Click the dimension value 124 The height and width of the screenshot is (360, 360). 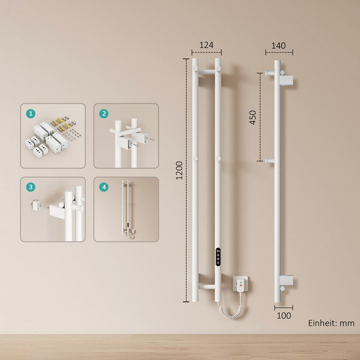coord(206,45)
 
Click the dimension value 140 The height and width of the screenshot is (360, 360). coord(279,45)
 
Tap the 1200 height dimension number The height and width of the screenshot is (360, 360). coord(179,171)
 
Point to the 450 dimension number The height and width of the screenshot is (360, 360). coord(252,117)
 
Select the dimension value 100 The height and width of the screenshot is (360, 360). coord(284,316)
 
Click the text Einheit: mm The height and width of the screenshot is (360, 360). coord(331,323)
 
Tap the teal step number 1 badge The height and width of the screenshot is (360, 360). coord(31,114)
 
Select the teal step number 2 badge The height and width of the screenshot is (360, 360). coord(104,114)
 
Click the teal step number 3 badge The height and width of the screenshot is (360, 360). coord(31,187)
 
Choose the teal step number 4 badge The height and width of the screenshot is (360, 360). coord(104,187)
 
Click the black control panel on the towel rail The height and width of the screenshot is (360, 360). coord(218,257)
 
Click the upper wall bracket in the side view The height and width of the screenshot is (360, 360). coord(286,80)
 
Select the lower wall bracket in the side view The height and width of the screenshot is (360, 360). coord(286,280)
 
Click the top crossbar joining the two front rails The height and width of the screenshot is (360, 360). coord(206,72)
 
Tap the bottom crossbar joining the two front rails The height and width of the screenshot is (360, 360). coord(206,287)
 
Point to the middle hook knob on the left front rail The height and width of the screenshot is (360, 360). coord(195,159)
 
